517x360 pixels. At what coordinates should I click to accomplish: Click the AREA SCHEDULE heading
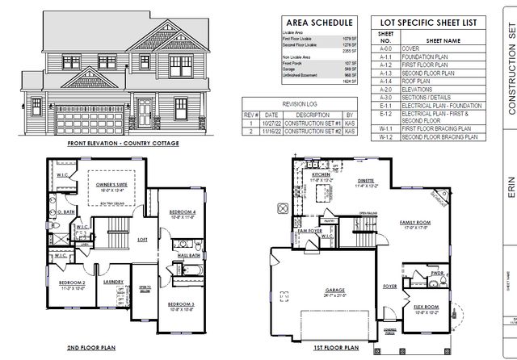319,23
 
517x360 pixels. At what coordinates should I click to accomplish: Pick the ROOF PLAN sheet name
418,82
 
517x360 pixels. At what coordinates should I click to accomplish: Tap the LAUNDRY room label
112,282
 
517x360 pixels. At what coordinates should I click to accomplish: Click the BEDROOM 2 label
72,282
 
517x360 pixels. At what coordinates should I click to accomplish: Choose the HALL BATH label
189,255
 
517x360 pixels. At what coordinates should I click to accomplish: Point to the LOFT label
142,239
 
